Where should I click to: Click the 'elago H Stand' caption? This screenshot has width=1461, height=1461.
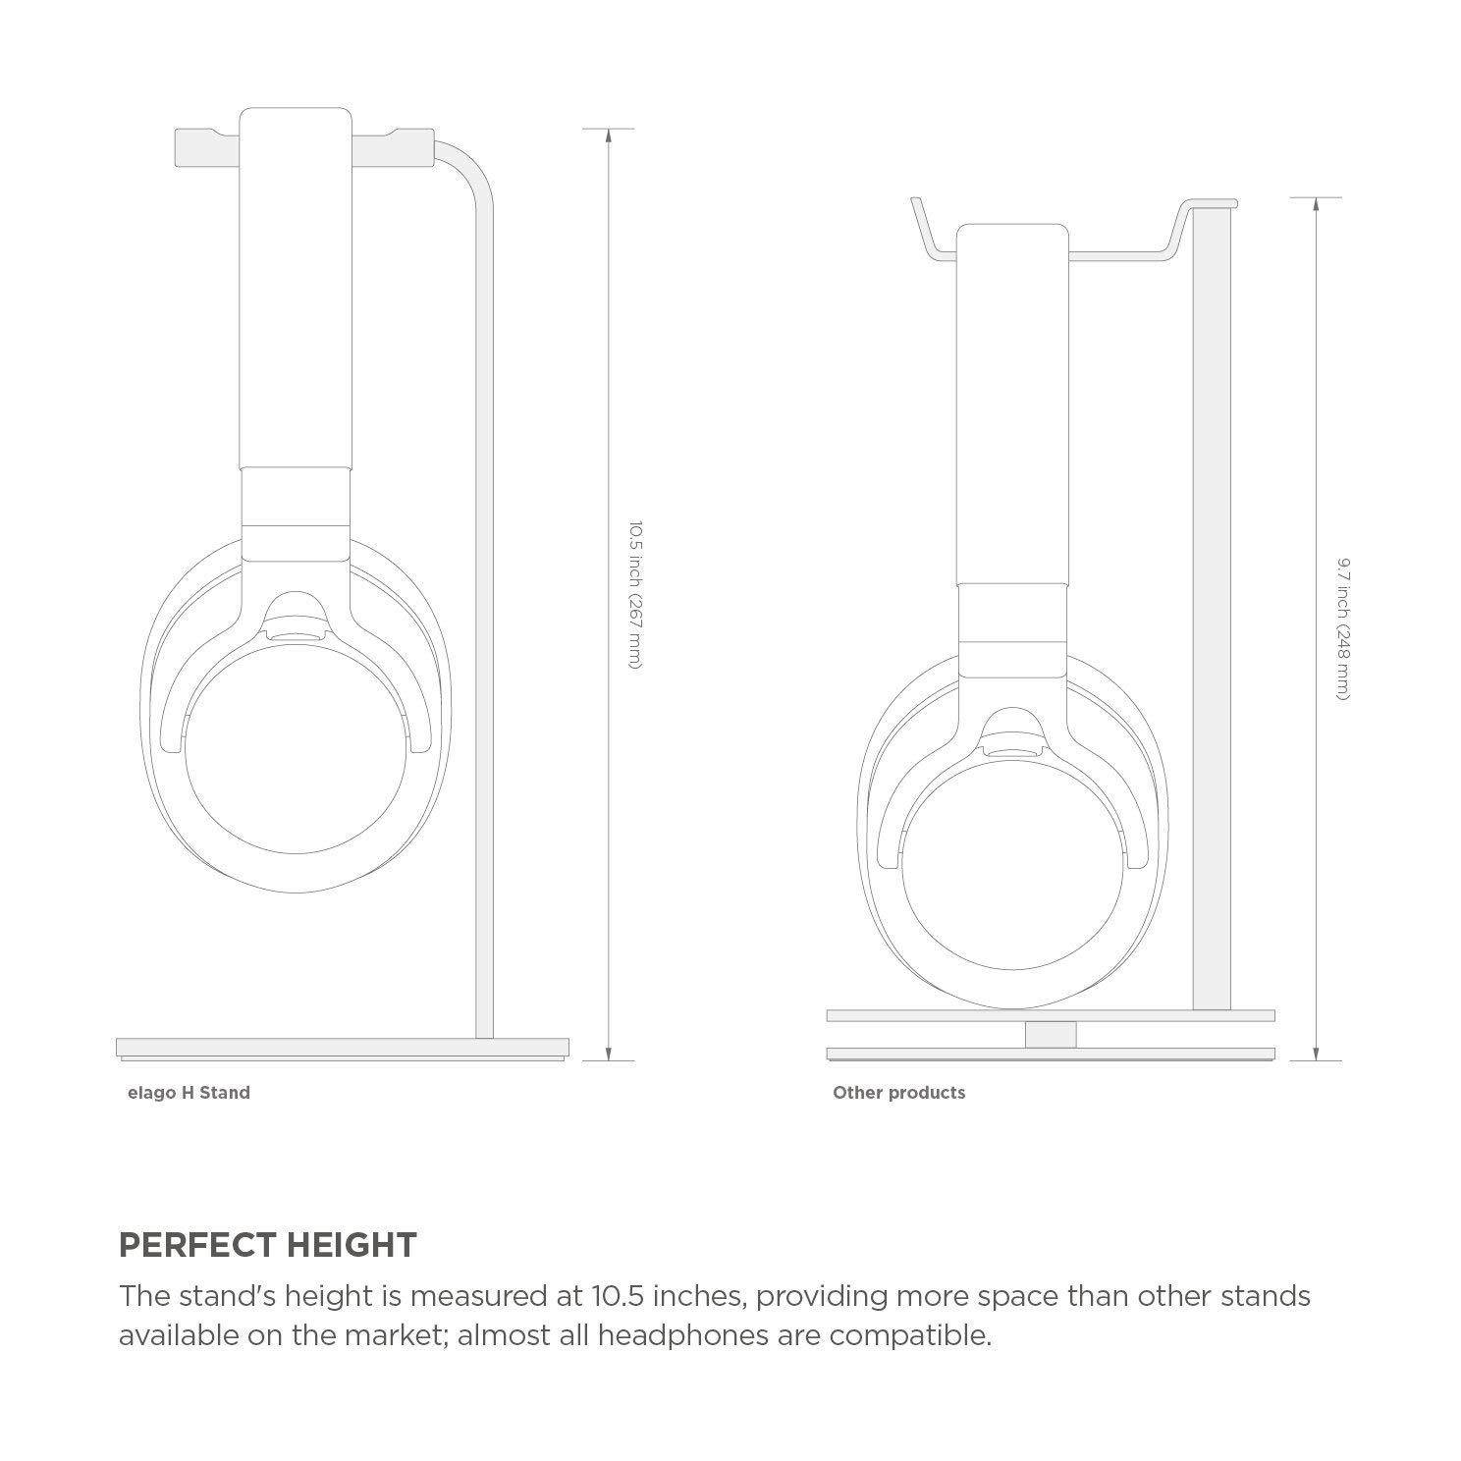pyautogui.click(x=189, y=1092)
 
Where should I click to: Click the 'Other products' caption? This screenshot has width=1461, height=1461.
pyautogui.click(x=898, y=1092)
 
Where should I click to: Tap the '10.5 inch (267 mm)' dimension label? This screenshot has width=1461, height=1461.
pyautogui.click(x=635, y=595)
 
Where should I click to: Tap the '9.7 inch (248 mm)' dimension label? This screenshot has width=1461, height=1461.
pyautogui.click(x=1343, y=628)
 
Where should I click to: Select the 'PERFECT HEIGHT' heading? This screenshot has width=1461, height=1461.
pyautogui.click(x=267, y=1245)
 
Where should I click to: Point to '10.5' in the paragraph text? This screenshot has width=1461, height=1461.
pyautogui.click(x=619, y=1296)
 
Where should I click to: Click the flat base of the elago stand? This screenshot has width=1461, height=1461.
pyautogui.click(x=342, y=1047)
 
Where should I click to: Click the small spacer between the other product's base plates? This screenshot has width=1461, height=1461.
pyautogui.click(x=1050, y=1035)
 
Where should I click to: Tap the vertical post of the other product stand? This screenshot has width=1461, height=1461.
pyautogui.click(x=1211, y=609)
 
